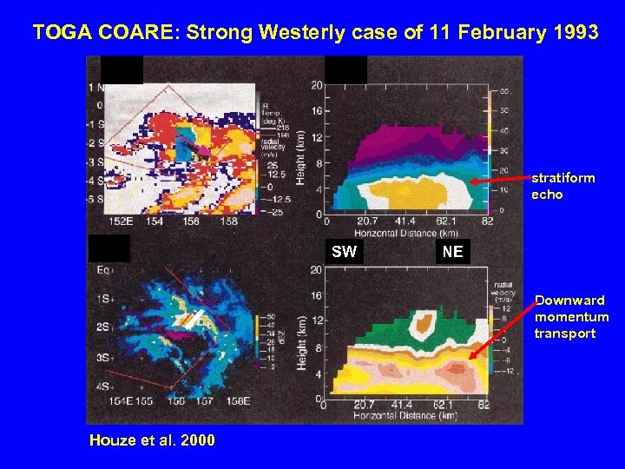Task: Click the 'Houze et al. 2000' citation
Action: point(152,440)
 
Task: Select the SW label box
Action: point(345,252)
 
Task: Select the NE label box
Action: point(452,252)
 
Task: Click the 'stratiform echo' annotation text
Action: point(562,186)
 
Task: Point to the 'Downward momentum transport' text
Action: point(571,317)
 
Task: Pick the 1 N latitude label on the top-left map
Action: point(94,87)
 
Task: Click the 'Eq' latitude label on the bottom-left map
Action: point(106,271)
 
